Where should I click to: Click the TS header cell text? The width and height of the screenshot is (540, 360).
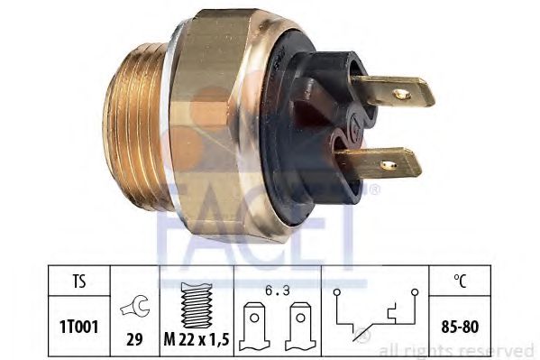78,281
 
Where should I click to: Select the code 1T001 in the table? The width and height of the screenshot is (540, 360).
78,327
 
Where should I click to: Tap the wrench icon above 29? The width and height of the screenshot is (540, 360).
134,306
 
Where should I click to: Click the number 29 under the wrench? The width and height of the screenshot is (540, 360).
134,339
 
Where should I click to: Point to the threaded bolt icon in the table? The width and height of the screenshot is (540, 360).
197,305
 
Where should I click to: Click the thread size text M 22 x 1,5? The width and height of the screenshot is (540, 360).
197,340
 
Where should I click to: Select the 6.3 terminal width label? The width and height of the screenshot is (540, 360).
278,291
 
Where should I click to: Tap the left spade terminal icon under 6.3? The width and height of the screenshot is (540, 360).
254,326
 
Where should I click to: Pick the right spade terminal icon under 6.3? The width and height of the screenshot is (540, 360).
300,326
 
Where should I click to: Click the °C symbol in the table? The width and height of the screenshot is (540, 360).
460,281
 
